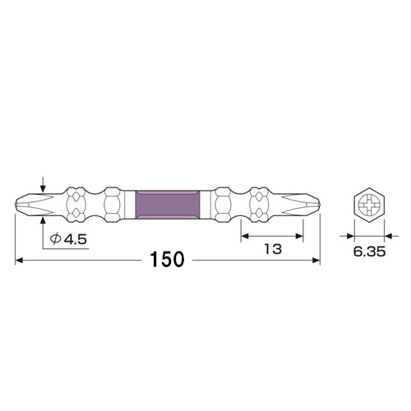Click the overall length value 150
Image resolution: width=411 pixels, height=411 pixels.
pos(166,261)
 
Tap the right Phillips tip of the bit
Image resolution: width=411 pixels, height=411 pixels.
pos(307,203)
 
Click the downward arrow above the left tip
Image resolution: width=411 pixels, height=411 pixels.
pos(43,185)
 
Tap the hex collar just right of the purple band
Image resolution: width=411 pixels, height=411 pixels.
pos(220,203)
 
